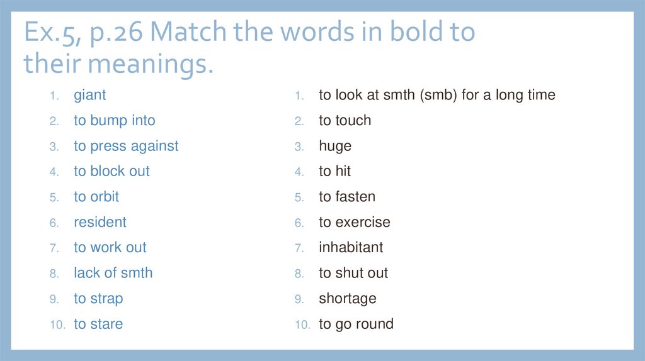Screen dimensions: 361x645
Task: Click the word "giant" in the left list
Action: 89,96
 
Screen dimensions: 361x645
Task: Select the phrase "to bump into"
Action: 114,121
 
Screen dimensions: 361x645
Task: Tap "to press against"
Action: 126,147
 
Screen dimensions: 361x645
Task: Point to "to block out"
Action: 111,172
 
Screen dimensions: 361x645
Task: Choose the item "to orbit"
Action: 96,197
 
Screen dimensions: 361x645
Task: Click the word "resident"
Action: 100,223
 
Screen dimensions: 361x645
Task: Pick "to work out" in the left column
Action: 110,248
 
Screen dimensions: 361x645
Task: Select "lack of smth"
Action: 113,274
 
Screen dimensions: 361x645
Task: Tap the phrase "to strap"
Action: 98,299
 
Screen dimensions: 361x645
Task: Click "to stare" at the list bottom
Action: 98,325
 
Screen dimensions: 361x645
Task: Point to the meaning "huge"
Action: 335,147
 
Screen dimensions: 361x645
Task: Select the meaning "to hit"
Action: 334,172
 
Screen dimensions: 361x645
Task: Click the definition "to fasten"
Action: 347,197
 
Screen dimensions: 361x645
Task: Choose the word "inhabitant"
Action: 351,248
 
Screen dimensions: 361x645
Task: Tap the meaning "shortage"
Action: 348,299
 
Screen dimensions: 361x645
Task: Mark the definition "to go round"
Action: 356,325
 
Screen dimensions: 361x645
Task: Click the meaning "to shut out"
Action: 353,274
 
